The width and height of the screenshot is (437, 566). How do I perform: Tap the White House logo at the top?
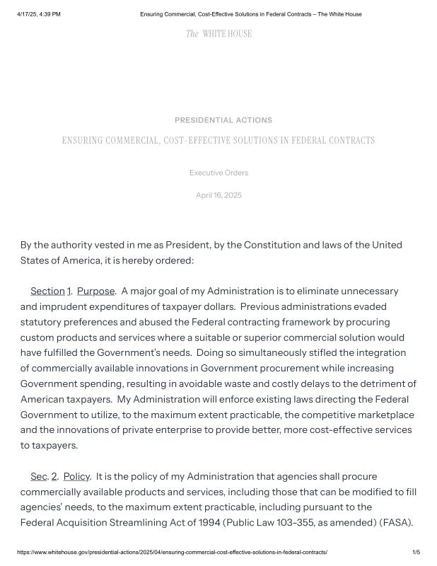[x=218, y=33]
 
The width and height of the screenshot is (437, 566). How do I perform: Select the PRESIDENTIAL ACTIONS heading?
[x=223, y=120]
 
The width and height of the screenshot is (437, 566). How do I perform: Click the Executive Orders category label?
[x=218, y=173]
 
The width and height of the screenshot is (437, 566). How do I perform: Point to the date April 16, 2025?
[x=218, y=195]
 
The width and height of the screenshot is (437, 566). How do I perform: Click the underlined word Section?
[x=47, y=291]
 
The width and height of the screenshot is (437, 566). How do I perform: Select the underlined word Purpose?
[x=95, y=291]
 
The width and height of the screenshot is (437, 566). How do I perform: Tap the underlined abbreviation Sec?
[x=38, y=476]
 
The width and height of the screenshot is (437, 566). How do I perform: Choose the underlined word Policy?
[x=76, y=476]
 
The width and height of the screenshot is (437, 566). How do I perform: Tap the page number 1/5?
[x=416, y=552]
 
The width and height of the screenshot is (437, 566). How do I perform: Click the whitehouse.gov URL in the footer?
[x=172, y=552]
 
